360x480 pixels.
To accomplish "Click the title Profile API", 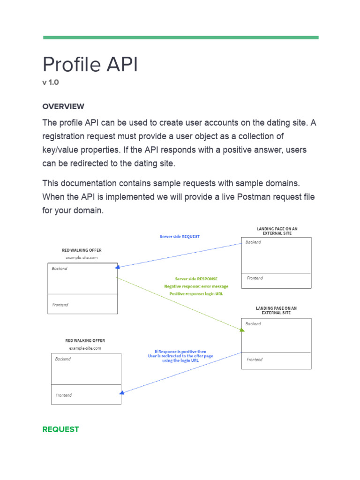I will pos(90,64).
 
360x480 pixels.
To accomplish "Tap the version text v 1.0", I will pos(51,82).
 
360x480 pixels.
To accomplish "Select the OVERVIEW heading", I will pos(63,106).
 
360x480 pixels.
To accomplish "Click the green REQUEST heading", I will pos(60,429).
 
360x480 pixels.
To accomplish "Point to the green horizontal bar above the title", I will pos(180,37).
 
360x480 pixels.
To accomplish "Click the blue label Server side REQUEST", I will pos(180,237).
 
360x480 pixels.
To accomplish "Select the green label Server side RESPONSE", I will pos(196,279).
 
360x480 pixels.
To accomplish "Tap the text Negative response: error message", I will pos(196,286).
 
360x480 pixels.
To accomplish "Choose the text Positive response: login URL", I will pos(196,294).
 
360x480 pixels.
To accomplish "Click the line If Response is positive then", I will pos(180,352).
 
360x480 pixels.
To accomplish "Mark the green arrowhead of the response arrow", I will pos(242,330).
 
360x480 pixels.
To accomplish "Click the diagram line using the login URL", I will pos(180,361).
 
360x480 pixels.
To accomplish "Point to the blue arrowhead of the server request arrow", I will pos(118,268).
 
